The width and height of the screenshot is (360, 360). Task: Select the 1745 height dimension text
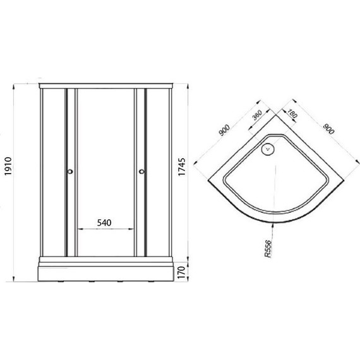click(182, 167)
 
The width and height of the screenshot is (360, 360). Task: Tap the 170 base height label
click(182, 272)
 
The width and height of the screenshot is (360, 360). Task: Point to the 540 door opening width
click(104, 222)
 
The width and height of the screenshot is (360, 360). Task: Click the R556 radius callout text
click(268, 249)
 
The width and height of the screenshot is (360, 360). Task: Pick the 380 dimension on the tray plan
click(257, 115)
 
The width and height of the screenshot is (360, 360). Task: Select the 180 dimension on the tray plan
click(292, 113)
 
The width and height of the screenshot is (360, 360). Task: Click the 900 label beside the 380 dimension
click(224, 130)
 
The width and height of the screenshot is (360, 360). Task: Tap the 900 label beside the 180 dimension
click(328, 129)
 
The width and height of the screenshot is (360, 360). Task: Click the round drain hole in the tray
click(268, 149)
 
